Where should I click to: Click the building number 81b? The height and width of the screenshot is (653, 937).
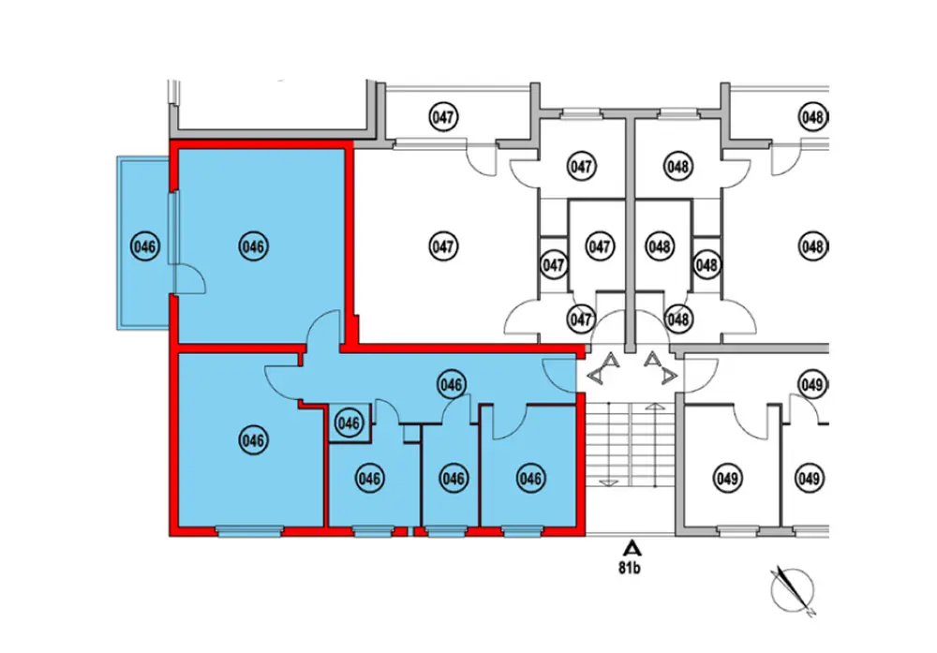point(633,567)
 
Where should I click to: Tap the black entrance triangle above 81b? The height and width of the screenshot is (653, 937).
point(633,547)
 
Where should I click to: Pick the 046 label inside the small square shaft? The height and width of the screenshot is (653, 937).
point(349,423)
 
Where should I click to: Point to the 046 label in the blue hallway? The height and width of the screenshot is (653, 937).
point(452,384)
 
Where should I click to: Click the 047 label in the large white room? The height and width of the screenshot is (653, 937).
point(443,246)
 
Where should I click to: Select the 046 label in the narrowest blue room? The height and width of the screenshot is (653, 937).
point(453,479)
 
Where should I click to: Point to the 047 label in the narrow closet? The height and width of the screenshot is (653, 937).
point(554,265)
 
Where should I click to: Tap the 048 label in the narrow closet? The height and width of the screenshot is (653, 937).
point(706,265)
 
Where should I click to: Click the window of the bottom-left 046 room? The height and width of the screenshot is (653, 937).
point(248,531)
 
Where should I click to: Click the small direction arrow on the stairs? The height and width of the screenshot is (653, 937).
point(608,481)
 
